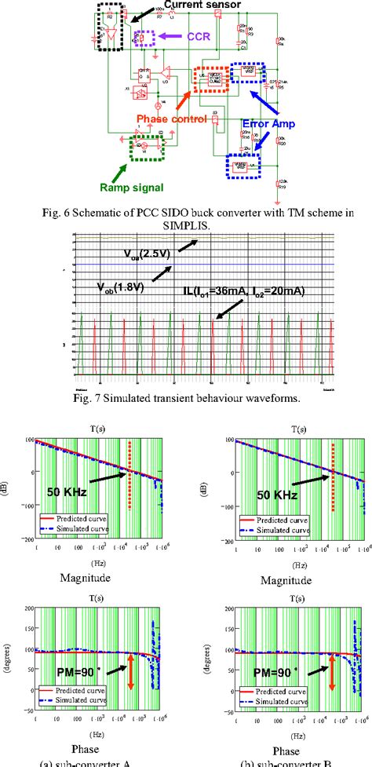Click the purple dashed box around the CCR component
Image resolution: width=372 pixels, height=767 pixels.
pyautogui.click(x=143, y=37)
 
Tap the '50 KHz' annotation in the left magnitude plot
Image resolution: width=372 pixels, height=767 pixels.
pyautogui.click(x=64, y=496)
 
